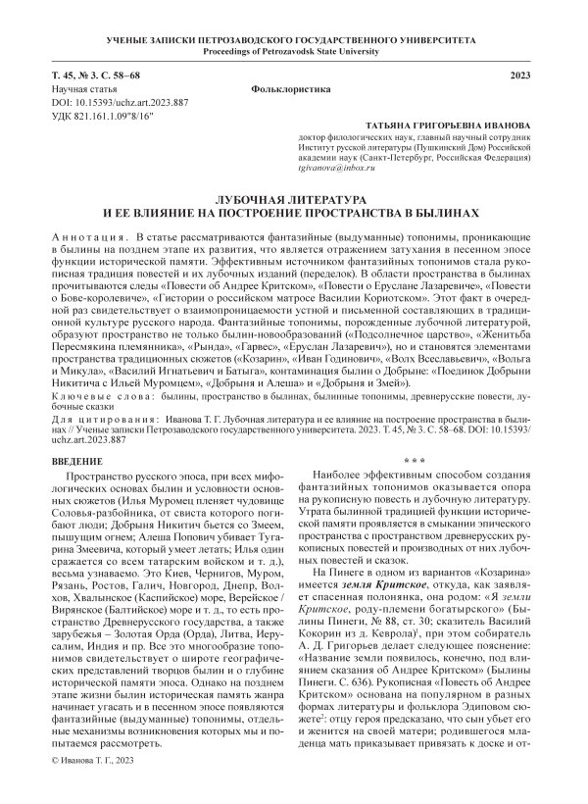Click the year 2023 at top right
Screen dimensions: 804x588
click(529, 75)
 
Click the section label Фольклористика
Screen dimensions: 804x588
click(294, 88)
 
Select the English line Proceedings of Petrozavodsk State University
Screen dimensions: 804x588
click(294, 49)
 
